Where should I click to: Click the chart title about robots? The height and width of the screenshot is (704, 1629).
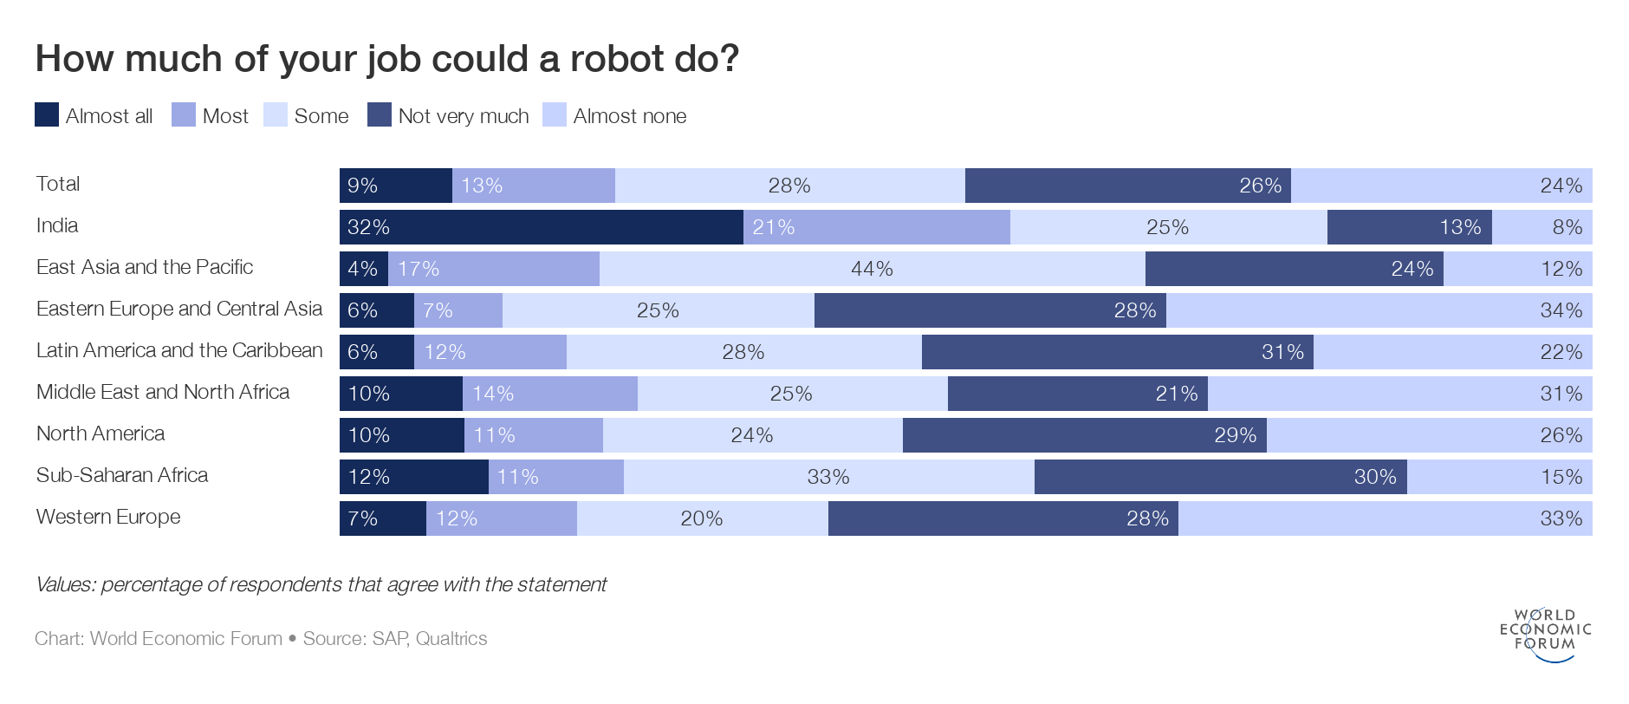(x=386, y=59)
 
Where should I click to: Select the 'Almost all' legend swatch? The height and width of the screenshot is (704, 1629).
(x=47, y=115)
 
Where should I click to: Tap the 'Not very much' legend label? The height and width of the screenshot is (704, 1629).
(x=463, y=116)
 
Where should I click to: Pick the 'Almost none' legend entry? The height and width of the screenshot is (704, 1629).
(x=629, y=116)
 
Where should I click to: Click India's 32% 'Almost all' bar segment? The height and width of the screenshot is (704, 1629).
(x=541, y=227)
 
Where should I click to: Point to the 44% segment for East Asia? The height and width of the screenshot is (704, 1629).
(x=872, y=269)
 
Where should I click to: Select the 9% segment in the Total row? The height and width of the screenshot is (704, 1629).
(x=395, y=186)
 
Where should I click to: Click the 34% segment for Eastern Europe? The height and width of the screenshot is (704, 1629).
(x=1379, y=310)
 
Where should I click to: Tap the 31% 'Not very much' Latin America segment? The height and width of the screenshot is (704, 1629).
(x=1117, y=352)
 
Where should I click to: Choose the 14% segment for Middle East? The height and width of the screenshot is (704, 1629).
(x=549, y=394)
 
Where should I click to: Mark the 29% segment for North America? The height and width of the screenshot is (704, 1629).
(x=1084, y=435)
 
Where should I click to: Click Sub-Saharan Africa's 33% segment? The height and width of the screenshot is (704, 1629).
(x=828, y=477)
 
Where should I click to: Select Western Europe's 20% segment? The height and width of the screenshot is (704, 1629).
(x=702, y=518)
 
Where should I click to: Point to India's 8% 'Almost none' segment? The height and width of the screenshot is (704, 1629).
(x=1541, y=227)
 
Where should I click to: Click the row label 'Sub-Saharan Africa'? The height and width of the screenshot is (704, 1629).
(x=122, y=475)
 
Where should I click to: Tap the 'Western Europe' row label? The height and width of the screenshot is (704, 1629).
(x=108, y=517)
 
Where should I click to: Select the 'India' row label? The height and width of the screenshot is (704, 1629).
(x=57, y=225)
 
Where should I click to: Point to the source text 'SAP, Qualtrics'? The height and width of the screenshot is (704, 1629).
(x=429, y=639)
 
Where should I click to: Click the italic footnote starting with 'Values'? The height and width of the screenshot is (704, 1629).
(x=321, y=584)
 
